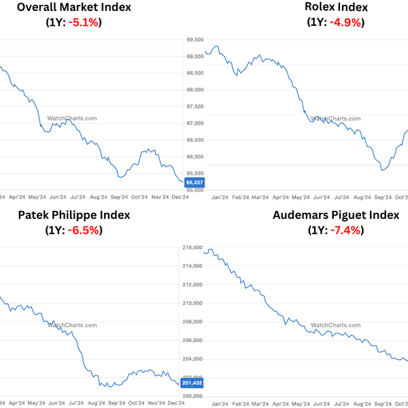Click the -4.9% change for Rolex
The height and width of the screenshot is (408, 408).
click(344, 22)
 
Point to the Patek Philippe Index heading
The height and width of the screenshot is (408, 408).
click(73, 215)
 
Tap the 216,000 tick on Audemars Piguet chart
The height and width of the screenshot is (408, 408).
click(192, 248)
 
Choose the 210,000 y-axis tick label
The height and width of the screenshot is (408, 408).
click(192, 303)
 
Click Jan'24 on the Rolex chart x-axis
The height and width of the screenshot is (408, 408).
click(219, 197)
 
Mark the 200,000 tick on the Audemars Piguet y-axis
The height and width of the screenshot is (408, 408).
click(192, 396)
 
